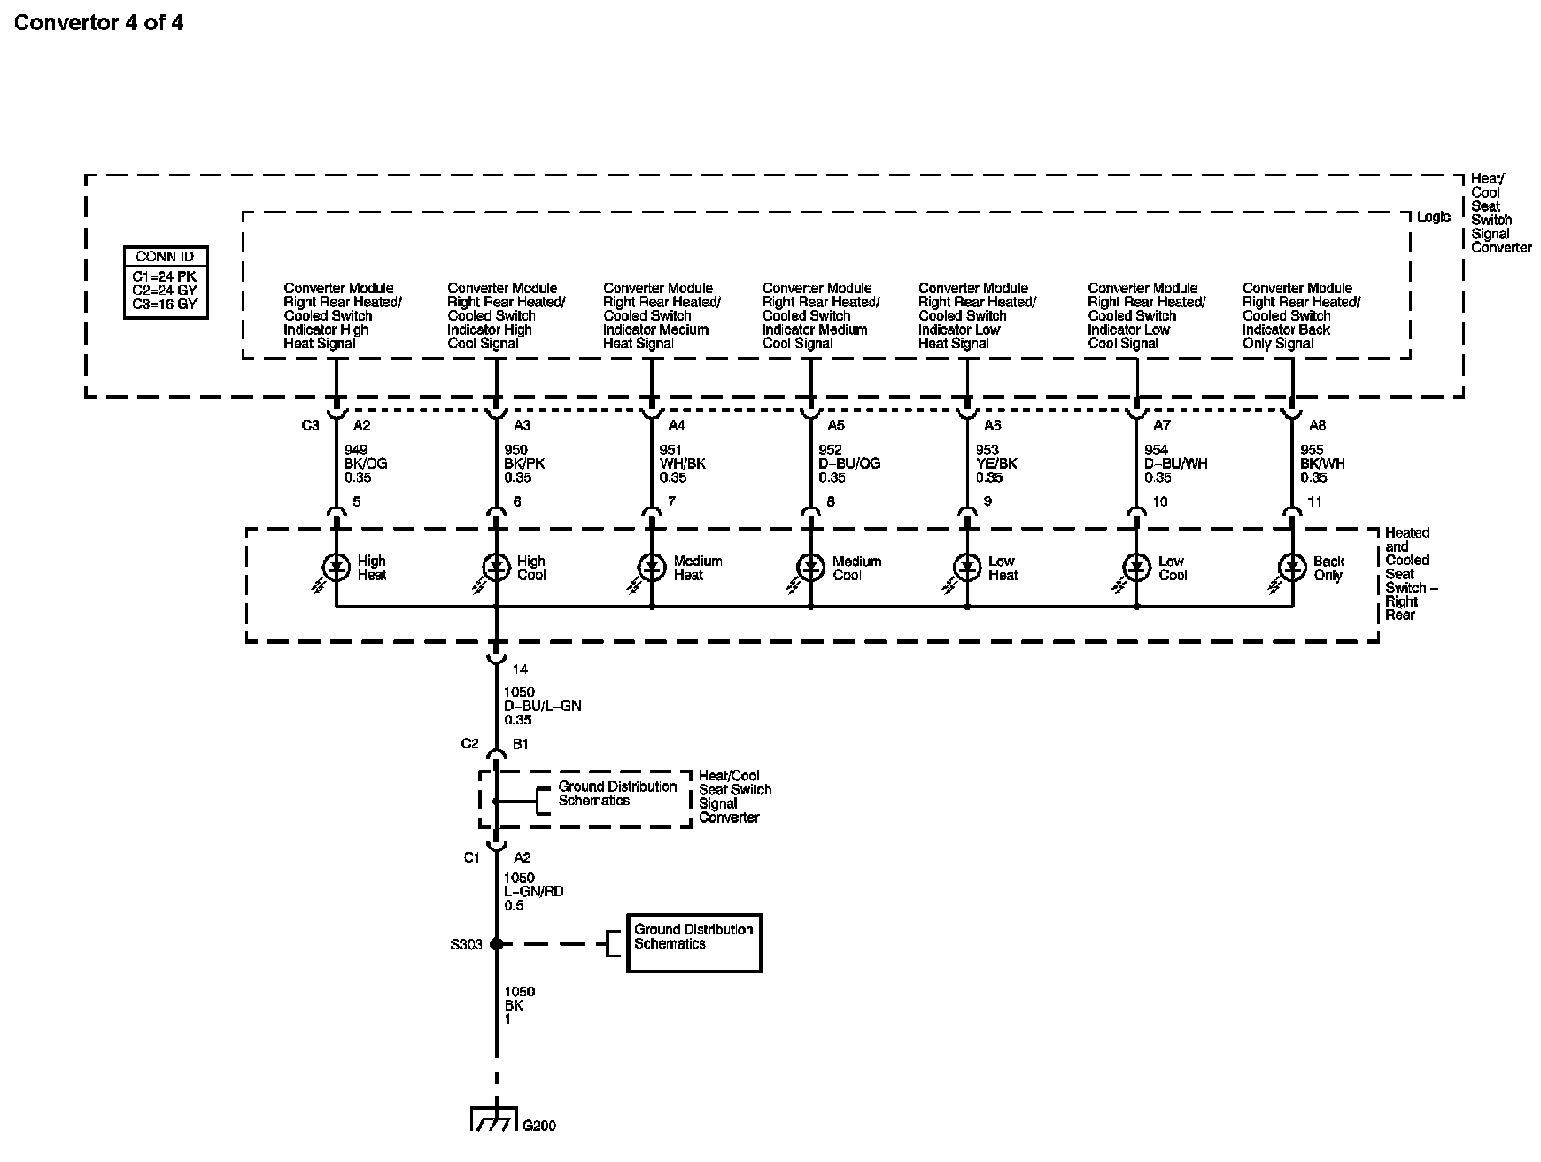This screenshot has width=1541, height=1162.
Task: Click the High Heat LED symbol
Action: [337, 567]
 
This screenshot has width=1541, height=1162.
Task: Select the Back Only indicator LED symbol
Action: [1292, 567]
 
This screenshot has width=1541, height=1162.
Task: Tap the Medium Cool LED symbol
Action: [810, 567]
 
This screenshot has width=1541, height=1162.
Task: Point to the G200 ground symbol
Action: [494, 1119]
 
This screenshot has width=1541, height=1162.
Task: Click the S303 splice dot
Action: [496, 944]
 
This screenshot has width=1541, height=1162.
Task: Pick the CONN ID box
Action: [166, 282]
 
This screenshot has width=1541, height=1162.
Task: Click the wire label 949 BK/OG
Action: [365, 463]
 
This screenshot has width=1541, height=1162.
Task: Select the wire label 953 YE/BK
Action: [996, 463]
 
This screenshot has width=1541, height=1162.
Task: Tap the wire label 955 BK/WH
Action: [1322, 463]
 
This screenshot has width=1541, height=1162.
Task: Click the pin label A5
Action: [835, 425]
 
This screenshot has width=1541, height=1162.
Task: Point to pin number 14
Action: [520, 670]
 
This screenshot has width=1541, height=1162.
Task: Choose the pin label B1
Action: [521, 745]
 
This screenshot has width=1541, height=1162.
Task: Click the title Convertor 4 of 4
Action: [98, 22]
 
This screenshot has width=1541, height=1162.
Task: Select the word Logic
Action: [1434, 217]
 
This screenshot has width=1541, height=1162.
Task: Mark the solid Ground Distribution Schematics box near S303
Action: [693, 943]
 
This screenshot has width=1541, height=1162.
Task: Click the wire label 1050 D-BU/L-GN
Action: [542, 706]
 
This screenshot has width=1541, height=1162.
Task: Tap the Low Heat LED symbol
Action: [967, 567]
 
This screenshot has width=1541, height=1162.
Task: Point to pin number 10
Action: [1160, 502]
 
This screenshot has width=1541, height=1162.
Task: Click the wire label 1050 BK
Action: [519, 1005]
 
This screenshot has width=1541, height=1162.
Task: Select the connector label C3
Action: [310, 425]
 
